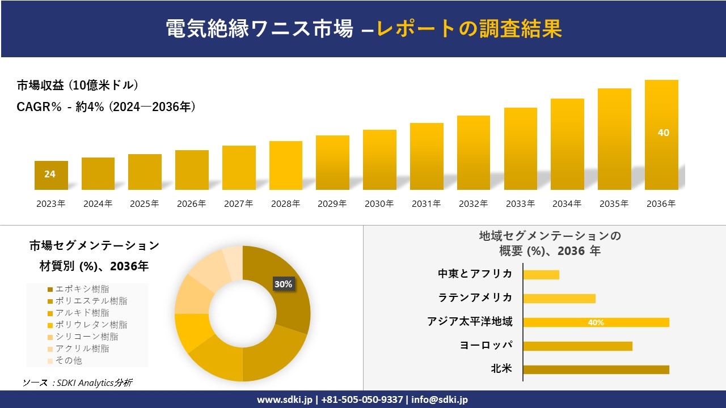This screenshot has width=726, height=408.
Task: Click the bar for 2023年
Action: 51,175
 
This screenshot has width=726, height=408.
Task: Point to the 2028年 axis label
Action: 285,204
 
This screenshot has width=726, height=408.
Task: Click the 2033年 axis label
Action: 520,204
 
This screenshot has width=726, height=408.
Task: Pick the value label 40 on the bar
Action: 663,133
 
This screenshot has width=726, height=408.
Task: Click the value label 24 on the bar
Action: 50,174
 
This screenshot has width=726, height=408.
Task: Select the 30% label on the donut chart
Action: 283,284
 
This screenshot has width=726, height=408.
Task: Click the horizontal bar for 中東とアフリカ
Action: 541,275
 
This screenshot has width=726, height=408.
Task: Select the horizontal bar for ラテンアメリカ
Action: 559,299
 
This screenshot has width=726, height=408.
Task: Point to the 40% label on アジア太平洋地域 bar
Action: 596,322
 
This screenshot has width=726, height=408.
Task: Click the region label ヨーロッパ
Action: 486,346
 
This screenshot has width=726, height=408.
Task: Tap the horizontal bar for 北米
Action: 596,369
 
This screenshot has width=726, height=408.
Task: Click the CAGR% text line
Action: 106,107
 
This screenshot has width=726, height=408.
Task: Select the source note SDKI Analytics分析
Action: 78,383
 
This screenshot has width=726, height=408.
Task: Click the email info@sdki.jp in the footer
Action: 440,399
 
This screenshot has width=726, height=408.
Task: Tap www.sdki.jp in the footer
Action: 285,399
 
